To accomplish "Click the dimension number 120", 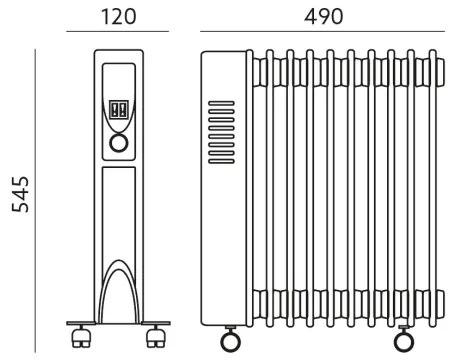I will pyautogui.click(x=120, y=16).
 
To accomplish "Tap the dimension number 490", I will pyautogui.click(x=323, y=16).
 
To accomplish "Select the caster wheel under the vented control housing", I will pyautogui.click(x=227, y=337).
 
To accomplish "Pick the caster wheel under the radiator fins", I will pyautogui.click(x=404, y=337).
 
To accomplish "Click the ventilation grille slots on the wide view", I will pyautogui.click(x=221, y=129).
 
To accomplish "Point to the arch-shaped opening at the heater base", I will pyautogui.click(x=120, y=290).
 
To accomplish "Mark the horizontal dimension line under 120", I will pyautogui.click(x=120, y=34).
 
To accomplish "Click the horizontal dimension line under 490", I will pyautogui.click(x=323, y=34).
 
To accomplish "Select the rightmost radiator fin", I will pyautogui.click(x=436, y=190).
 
